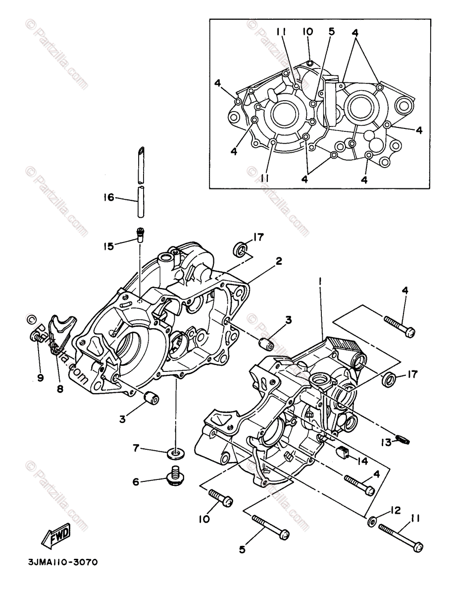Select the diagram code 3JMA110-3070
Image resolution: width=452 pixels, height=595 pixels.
point(63,562)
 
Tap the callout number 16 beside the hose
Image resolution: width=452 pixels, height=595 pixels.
point(108,198)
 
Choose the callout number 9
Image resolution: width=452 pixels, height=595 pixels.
point(41,378)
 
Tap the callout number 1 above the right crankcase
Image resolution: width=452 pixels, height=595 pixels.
point(321,281)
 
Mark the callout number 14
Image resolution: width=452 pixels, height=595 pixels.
point(363,461)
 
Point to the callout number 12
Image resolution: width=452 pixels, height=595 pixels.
point(395,510)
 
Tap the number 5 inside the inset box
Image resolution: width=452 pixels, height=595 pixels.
point(331,32)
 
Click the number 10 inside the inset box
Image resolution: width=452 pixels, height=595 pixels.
point(308,32)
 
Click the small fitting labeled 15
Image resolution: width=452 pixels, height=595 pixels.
point(141,234)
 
